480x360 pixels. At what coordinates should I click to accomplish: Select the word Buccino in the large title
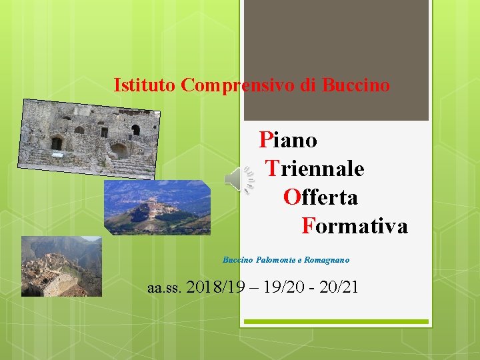tap(356, 85)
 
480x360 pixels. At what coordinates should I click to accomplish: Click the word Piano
tap(288, 140)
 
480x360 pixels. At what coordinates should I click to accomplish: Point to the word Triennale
tap(315, 169)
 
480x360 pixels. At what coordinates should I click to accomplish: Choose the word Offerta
tap(321, 197)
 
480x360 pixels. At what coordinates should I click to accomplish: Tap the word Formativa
tap(355, 226)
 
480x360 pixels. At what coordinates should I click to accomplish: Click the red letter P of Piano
tap(265, 140)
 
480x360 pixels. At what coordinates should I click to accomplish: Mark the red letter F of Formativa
tap(307, 226)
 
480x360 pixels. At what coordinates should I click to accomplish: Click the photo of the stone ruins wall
tap(89, 139)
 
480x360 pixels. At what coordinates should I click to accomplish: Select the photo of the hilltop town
tap(157, 207)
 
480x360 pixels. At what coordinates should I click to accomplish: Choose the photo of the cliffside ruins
tap(61, 266)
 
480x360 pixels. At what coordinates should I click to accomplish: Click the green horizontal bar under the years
tap(335, 322)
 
